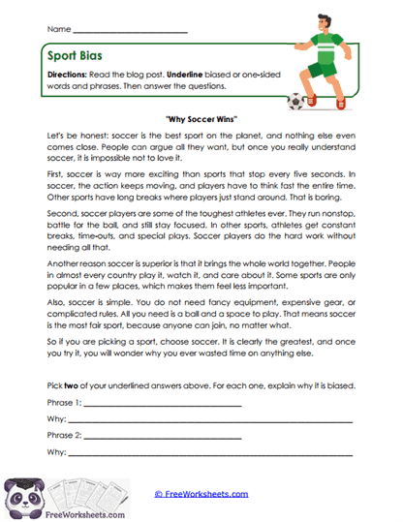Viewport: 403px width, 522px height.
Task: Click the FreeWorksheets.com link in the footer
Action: tap(201, 493)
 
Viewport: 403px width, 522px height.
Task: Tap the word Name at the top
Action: tap(58, 31)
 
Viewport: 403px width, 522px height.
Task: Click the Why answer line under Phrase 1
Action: tap(208, 419)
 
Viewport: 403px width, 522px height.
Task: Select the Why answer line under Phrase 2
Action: tap(208, 453)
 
